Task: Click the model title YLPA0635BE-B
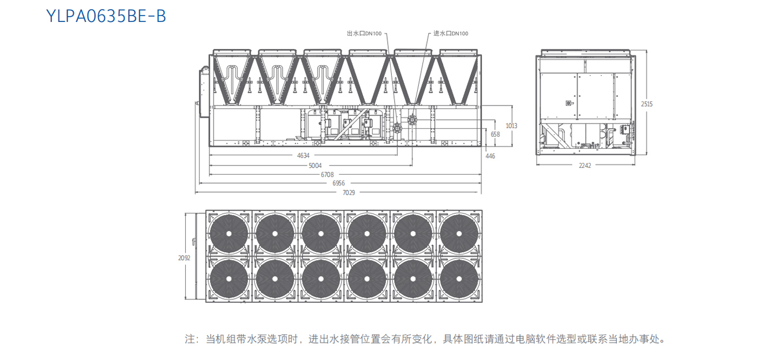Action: coord(106,16)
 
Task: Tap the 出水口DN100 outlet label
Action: coord(364,33)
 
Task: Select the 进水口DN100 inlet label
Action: coord(451,33)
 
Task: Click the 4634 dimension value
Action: coord(304,156)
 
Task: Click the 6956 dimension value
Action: coord(339,183)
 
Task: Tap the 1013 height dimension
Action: coord(511,126)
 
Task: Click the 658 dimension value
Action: coord(495,134)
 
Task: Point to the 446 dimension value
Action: coord(490,156)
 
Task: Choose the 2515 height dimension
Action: coord(647,104)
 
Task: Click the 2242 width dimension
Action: coord(585,165)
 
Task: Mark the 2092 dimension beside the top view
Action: coord(184,258)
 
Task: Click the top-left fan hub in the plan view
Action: coord(229,234)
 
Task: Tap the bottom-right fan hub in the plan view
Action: coord(459,279)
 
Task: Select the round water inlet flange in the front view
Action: coord(412,120)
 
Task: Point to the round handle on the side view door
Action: coord(568,103)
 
